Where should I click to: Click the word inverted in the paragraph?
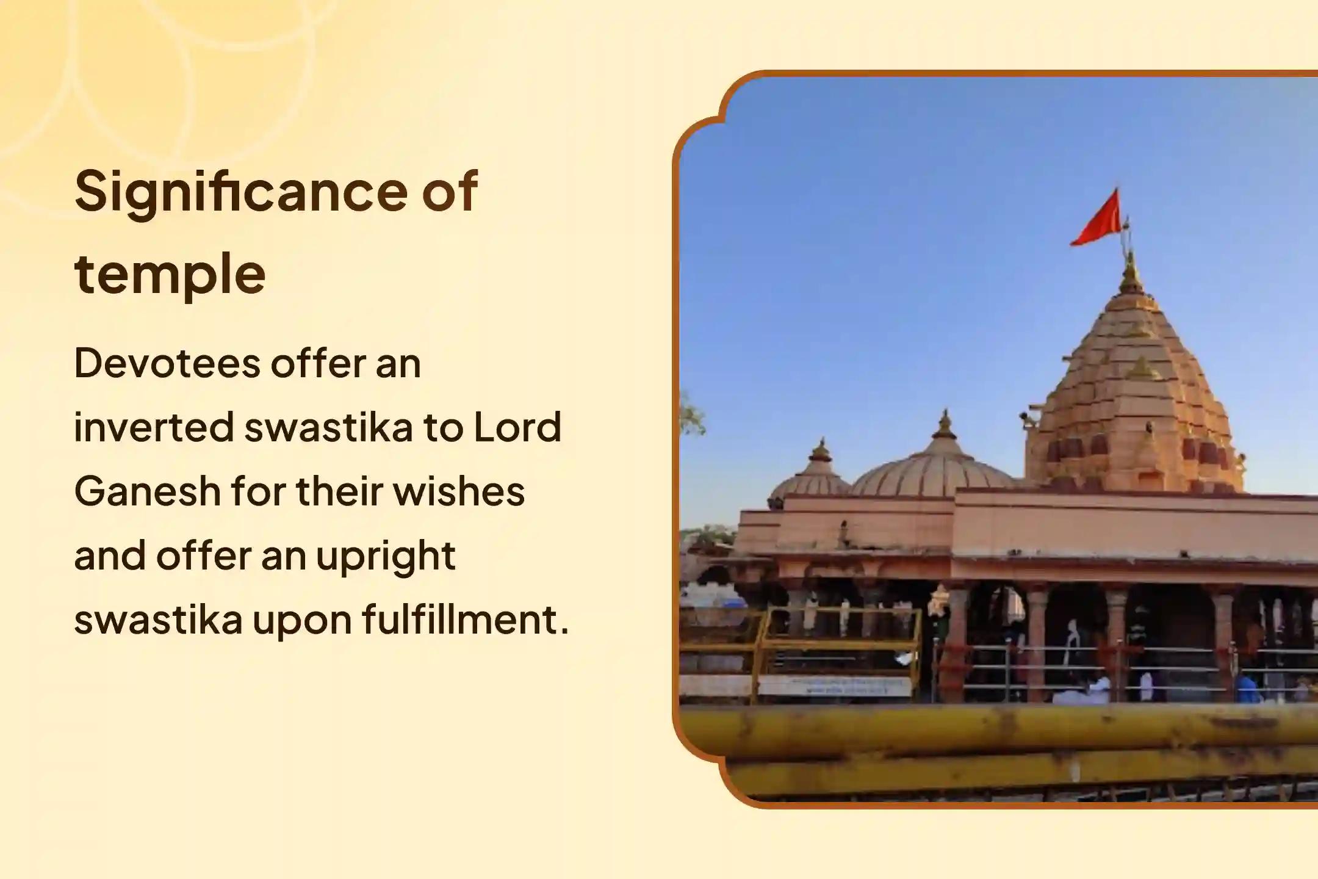[x=154, y=427]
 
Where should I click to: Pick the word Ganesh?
[x=147, y=491]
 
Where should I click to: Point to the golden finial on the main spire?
[x=1131, y=273]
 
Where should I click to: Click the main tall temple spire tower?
[x=1133, y=391]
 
